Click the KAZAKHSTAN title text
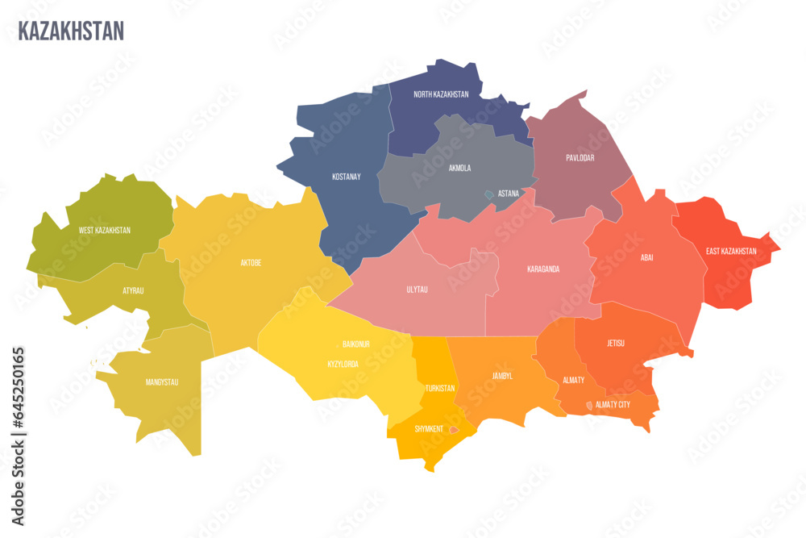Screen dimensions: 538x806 click(71, 31)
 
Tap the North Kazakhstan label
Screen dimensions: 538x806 click(441, 94)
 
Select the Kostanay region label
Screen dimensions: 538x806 click(346, 176)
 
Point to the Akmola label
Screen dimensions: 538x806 click(459, 169)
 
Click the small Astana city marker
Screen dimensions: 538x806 click(488, 194)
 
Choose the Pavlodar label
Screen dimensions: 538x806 click(580, 158)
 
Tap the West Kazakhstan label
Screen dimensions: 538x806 click(105, 231)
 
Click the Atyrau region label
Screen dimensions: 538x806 click(133, 290)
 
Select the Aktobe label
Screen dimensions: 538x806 click(251, 263)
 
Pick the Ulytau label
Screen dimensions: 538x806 click(417, 289)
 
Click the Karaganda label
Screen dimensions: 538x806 click(543, 269)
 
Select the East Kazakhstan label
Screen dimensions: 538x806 click(731, 251)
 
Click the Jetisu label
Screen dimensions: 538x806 click(616, 344)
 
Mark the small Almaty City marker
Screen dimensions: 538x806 click(589, 405)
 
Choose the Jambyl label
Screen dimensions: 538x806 click(502, 376)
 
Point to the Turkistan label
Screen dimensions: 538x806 click(440, 388)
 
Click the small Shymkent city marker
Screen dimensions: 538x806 click(454, 430)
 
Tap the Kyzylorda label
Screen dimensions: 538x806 click(343, 364)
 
